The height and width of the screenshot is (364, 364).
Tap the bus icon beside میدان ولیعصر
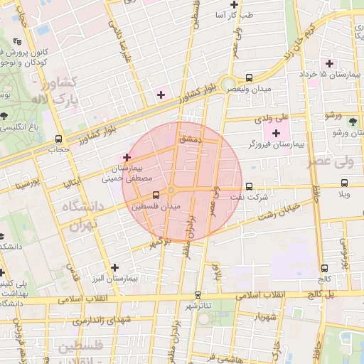[x=249, y=77]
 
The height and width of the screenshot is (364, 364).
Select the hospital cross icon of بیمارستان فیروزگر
[x=277, y=132]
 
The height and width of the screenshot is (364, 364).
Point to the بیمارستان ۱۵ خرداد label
[x=341, y=74]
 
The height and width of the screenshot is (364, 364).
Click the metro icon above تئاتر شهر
[x=198, y=295]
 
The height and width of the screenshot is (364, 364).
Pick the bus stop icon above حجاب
[x=58, y=139]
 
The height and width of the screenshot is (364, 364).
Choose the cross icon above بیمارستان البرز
[x=114, y=267]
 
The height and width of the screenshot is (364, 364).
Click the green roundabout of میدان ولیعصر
[x=227, y=83]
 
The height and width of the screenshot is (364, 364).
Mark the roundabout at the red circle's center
[x=171, y=189]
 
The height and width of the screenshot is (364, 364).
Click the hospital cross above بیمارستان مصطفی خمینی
[x=127, y=157]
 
